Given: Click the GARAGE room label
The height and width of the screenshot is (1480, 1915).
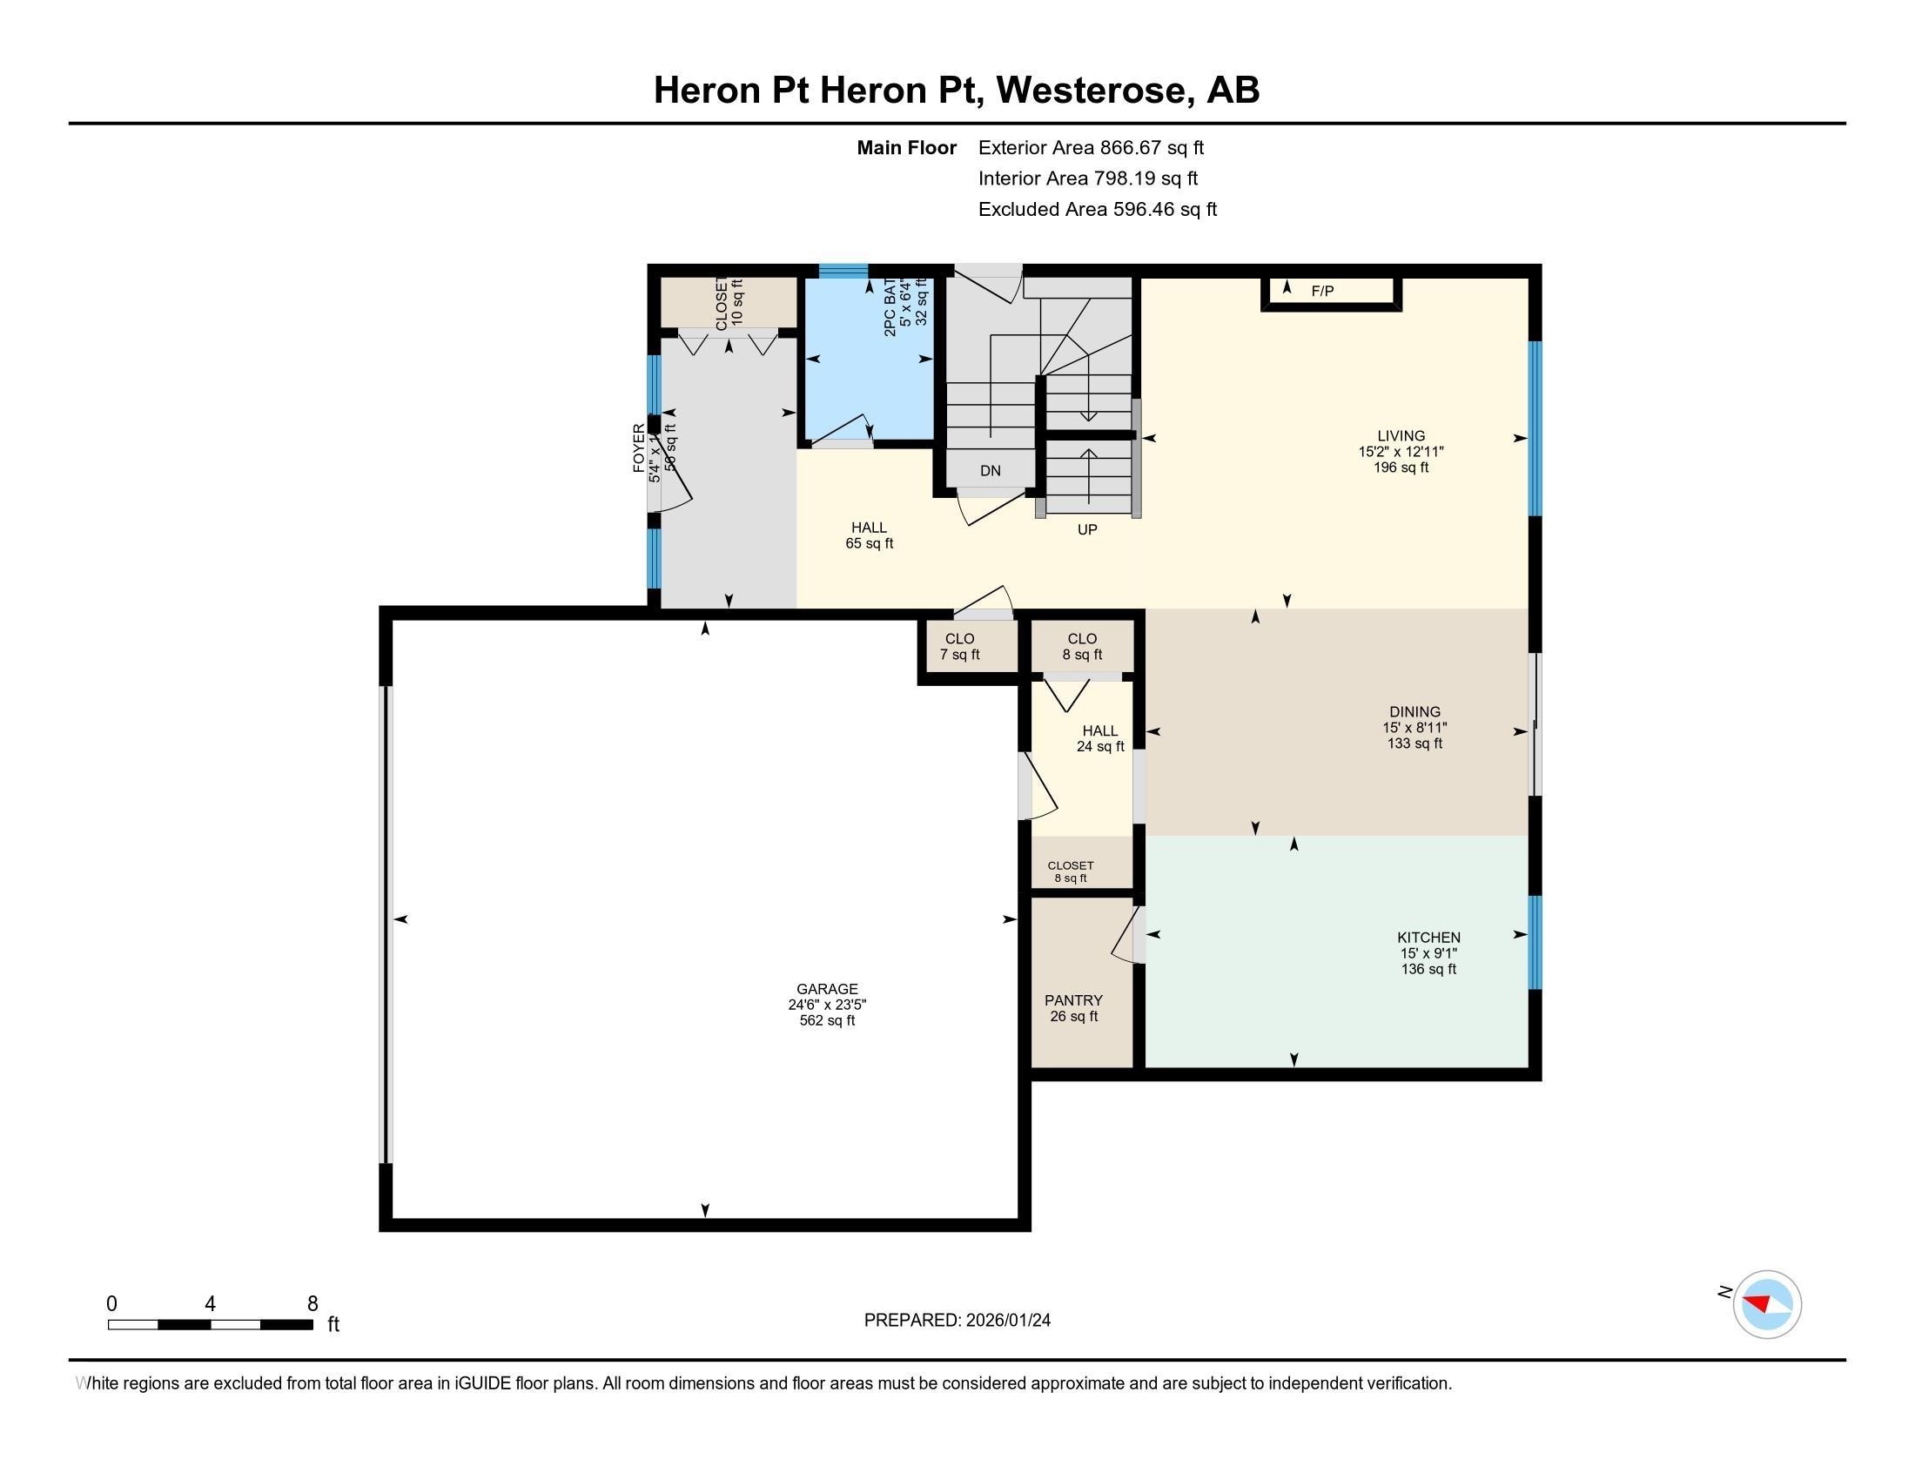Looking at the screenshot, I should (827, 989).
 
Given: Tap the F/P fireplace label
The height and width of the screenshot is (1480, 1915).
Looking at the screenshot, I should (1322, 291).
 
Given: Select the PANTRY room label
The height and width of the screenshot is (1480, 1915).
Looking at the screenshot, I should (1073, 1000).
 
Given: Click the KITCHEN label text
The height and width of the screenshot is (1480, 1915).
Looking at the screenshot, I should (1428, 938).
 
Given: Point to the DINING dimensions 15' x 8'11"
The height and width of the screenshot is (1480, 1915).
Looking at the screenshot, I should (1414, 728).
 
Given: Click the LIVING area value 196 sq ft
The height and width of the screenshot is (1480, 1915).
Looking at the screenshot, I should (1401, 468).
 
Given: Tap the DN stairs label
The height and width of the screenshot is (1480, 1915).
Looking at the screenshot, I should (990, 471).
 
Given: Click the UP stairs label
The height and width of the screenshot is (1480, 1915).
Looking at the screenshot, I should (1086, 529).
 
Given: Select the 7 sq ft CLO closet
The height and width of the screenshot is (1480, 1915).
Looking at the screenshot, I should (959, 647).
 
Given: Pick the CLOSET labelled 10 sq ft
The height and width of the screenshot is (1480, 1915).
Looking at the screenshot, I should (729, 302).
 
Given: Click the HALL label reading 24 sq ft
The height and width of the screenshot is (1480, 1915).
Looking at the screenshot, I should (1099, 738).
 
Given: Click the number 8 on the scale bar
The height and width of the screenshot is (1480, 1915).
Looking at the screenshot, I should (312, 1304).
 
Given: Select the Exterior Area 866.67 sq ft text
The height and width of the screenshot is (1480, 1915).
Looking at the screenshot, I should (1091, 147).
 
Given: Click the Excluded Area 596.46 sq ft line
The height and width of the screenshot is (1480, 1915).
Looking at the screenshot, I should (1097, 209).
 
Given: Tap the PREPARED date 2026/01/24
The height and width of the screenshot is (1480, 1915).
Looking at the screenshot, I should (957, 1321).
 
